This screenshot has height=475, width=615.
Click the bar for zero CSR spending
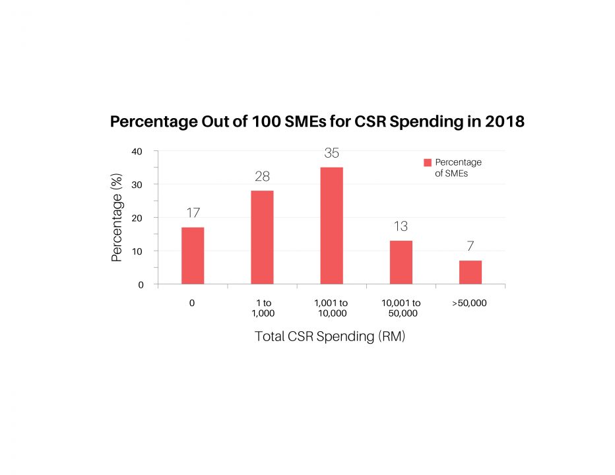coord(193,256)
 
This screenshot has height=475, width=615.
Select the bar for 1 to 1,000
coord(262,237)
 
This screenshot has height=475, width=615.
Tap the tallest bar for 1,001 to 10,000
coord(331,226)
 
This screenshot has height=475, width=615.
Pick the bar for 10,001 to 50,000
coord(401,263)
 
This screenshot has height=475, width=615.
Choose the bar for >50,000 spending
coord(470,272)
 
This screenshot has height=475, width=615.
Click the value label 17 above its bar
coord(193,213)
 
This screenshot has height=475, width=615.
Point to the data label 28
coord(262,176)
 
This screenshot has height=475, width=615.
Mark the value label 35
coord(331,153)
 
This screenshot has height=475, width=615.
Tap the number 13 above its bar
coord(401,226)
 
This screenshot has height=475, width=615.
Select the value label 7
coord(470,246)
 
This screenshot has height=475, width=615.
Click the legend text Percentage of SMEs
coord(458,168)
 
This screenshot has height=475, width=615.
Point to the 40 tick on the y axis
coord(137,151)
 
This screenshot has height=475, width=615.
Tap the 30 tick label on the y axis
coord(137,185)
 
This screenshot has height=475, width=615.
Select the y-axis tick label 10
coord(137,251)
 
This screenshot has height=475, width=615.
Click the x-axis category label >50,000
coord(470,303)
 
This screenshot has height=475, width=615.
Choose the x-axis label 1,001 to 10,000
coord(331,308)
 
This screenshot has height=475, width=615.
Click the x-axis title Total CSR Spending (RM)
coord(330,336)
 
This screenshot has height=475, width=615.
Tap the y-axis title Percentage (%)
coord(117,218)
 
